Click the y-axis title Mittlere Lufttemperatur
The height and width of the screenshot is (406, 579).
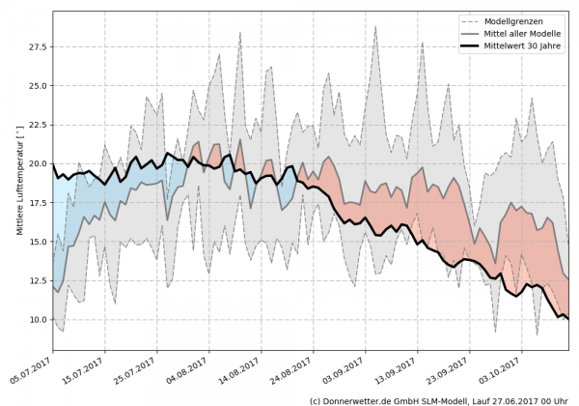click(18, 184)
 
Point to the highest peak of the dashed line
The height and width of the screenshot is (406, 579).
click(375, 26)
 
